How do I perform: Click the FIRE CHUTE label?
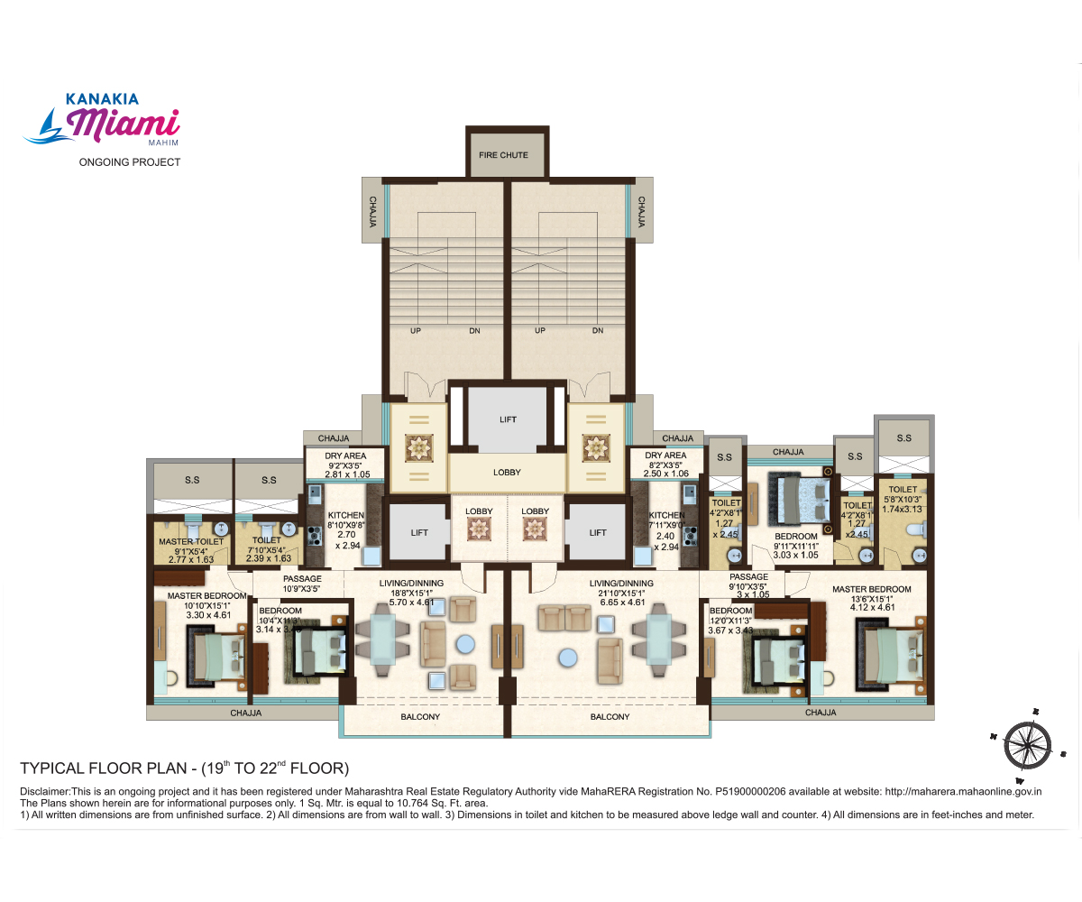[x=503, y=155]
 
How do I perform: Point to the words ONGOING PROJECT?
[x=130, y=162]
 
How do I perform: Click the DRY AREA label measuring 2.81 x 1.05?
[x=347, y=456]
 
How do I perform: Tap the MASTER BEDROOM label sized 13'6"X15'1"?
[x=871, y=589]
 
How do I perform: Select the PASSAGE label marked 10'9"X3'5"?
[x=302, y=579]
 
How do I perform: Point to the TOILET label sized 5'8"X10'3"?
[x=903, y=489]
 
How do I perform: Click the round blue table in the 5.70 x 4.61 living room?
[x=465, y=643]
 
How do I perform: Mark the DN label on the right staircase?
[x=597, y=331]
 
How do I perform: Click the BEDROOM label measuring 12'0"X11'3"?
[x=730, y=611]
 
